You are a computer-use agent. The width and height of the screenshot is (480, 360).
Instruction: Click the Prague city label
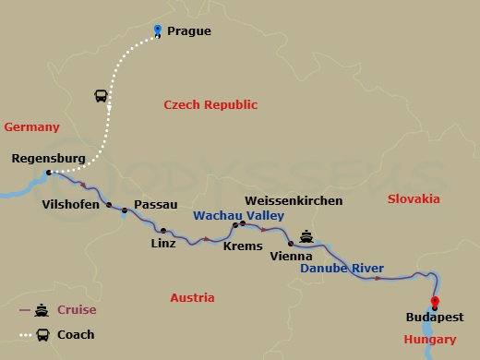click(189, 31)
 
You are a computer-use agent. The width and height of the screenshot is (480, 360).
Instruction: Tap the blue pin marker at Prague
click(158, 30)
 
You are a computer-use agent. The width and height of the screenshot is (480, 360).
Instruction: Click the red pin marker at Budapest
click(435, 303)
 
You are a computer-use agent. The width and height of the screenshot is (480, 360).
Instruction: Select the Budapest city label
click(434, 318)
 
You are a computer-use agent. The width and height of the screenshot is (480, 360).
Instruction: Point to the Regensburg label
click(48, 159)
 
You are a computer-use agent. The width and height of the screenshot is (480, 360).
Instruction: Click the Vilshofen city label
click(69, 205)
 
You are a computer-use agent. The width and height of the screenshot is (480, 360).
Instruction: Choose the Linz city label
click(162, 245)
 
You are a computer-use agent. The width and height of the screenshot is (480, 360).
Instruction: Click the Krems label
click(244, 246)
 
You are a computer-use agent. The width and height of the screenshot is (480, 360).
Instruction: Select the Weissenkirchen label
click(293, 200)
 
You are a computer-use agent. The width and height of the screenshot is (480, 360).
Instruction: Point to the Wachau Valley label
click(232, 216)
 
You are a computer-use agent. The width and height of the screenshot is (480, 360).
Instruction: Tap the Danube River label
click(342, 269)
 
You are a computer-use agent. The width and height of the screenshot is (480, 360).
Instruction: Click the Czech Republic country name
click(210, 105)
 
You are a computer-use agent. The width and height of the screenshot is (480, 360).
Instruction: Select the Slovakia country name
click(414, 199)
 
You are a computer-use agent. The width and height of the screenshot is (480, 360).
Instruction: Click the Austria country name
click(192, 298)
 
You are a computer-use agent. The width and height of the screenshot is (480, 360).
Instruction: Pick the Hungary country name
click(429, 341)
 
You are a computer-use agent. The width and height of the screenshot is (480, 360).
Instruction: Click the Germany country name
click(31, 127)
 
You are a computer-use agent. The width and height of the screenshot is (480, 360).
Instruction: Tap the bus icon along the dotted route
click(101, 96)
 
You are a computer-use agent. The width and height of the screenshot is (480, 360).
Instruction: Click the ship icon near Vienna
click(306, 237)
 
